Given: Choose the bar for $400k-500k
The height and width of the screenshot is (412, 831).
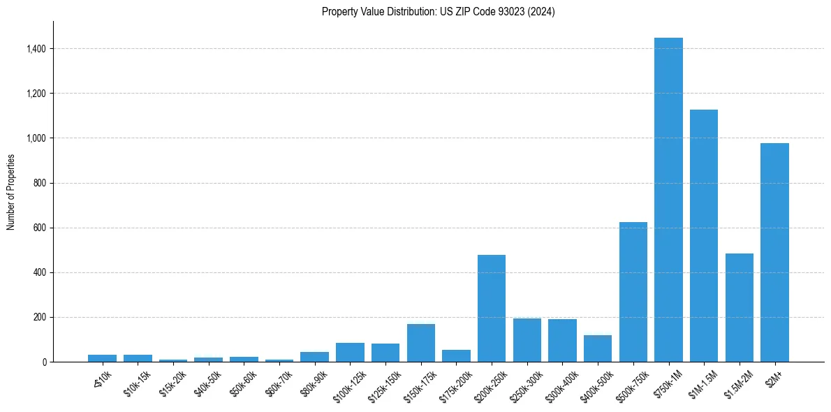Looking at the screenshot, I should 598,348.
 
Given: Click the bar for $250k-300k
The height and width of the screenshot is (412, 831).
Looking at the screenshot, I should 527,340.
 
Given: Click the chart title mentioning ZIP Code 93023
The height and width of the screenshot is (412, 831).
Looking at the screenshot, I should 439,12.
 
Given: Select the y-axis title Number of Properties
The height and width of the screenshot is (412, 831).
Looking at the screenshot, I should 11,192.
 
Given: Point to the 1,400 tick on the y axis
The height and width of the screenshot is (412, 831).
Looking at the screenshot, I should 37,49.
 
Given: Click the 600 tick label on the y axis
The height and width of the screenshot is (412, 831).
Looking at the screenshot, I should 41,228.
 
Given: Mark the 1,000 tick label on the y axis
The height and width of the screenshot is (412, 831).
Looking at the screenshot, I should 37,138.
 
